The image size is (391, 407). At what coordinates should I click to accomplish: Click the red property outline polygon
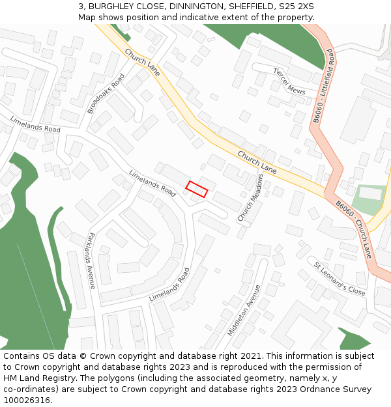point(196,189)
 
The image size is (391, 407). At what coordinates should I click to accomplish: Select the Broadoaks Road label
point(106,94)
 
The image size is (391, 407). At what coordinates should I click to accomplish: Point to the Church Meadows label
point(250,197)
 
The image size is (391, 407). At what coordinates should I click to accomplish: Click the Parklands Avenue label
point(92,260)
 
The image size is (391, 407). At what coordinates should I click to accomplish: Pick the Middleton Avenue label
point(244,310)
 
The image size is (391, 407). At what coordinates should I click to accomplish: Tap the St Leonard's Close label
point(340,279)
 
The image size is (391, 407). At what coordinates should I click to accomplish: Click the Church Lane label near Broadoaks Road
point(143,63)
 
